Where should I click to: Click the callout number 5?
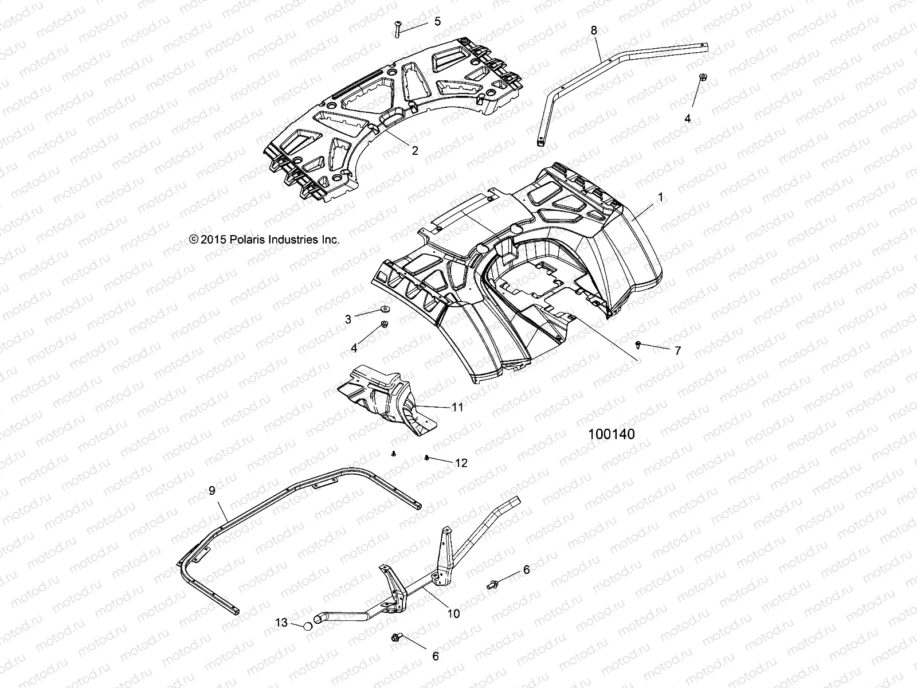pyautogui.click(x=437, y=22)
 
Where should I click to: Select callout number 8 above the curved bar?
pyautogui.click(x=594, y=30)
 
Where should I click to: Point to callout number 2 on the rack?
pyautogui.click(x=414, y=151)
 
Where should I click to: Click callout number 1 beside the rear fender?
pyautogui.click(x=660, y=197)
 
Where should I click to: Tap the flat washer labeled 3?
pyautogui.click(x=383, y=310)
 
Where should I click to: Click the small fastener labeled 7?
pyautogui.click(x=638, y=344)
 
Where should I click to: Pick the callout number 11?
pyautogui.click(x=457, y=407)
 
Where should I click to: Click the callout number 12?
pyautogui.click(x=461, y=463)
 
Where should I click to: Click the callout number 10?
pyautogui.click(x=453, y=613)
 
